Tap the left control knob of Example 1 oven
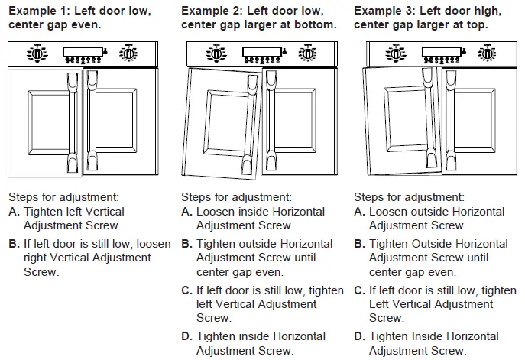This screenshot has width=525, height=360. point(36,54)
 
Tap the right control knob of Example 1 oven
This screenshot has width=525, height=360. point(129,54)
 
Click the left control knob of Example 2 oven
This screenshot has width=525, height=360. point(216,54)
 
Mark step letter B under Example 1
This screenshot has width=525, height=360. point(13,244)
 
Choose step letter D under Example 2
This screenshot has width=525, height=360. point(186,336)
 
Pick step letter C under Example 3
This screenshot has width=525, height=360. point(359,290)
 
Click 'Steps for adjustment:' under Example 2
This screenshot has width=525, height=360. point(236,196)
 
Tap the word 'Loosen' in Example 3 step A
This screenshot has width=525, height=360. point(389,212)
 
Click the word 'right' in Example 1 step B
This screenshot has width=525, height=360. point(37,258)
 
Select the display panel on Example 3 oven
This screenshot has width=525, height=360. point(442,54)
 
